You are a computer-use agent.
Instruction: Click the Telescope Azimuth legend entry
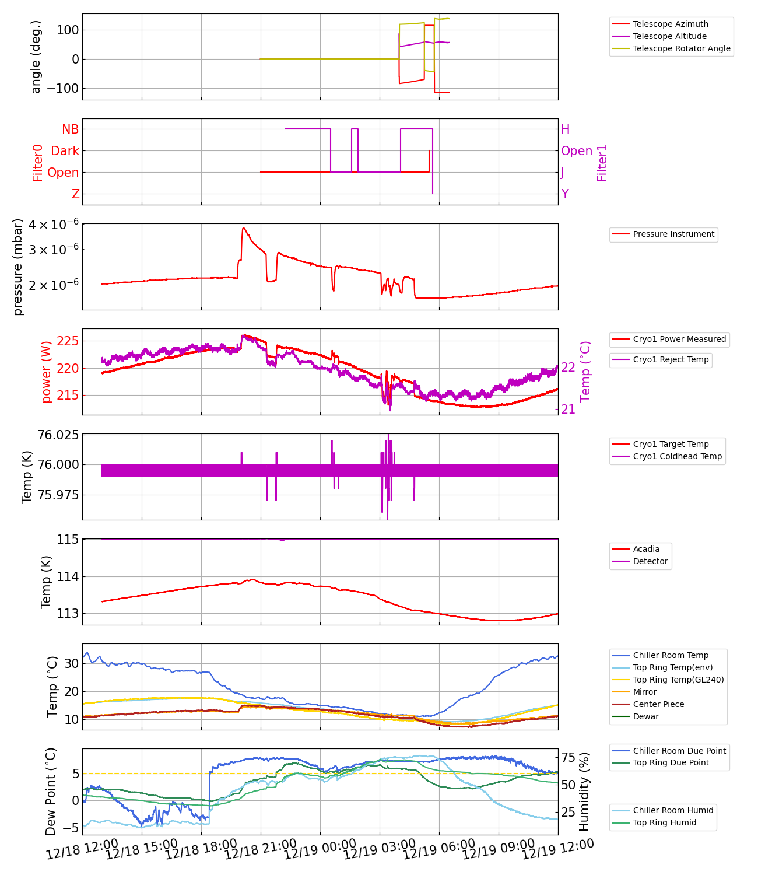pos(671,24)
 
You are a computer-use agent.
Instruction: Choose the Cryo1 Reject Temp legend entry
pos(671,359)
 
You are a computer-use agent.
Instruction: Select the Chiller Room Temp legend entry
pos(671,655)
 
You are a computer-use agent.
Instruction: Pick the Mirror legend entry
pos(644,692)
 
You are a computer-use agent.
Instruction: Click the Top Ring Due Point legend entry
pos(671,762)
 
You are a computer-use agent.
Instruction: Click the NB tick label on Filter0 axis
pos(70,129)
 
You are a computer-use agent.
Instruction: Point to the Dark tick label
pos(65,151)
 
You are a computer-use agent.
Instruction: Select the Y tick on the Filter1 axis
pos(564,194)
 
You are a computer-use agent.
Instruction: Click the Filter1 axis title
pos(602,163)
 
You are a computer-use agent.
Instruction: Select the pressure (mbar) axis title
pos(19,267)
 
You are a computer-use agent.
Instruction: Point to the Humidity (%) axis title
pos(584,792)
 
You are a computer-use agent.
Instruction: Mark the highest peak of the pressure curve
pos(244,228)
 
